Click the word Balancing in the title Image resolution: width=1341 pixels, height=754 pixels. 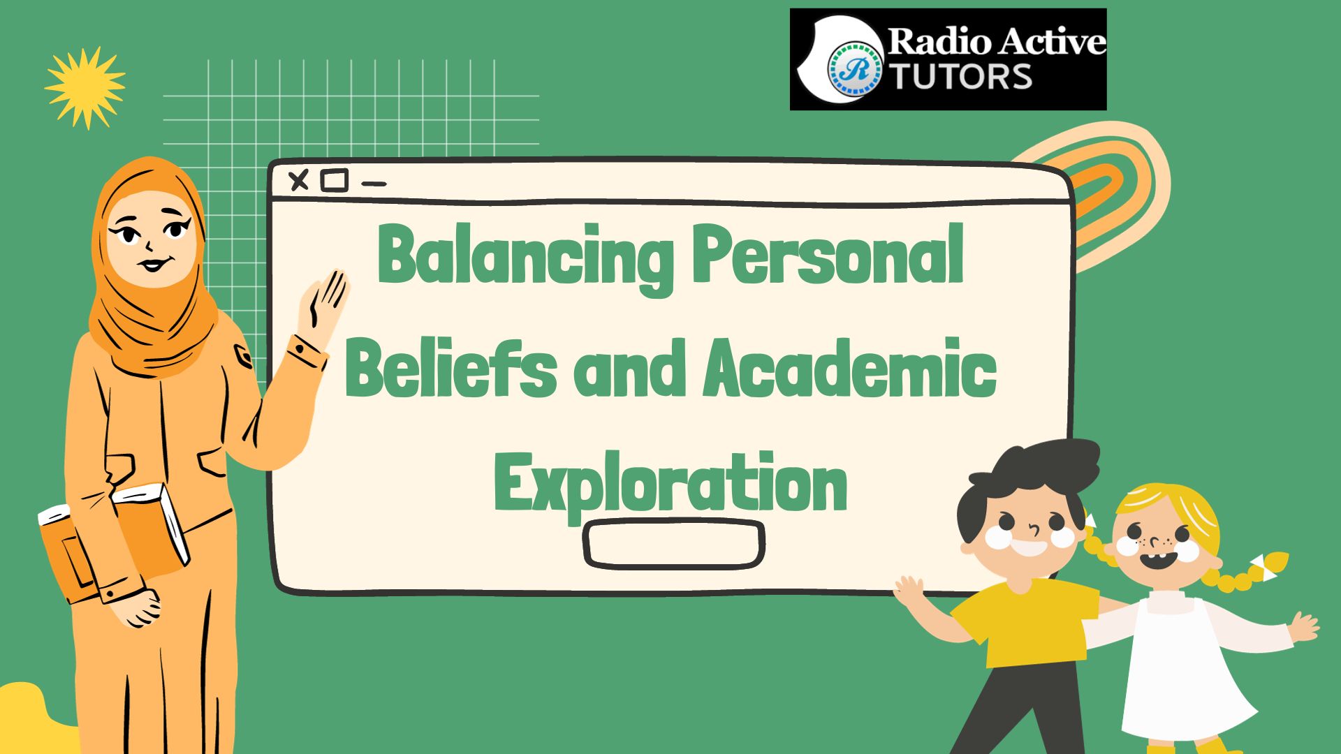[x=525, y=257]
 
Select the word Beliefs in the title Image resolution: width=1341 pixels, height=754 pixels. [x=451, y=368]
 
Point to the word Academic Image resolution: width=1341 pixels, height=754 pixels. [x=849, y=367]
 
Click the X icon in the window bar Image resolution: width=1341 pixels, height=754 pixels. [x=299, y=181]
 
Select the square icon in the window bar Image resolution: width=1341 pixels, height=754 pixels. [x=335, y=181]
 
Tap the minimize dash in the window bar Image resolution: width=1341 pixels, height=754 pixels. [x=374, y=184]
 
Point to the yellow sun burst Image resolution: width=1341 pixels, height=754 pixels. [x=85, y=88]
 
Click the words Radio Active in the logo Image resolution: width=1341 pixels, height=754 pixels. [x=997, y=42]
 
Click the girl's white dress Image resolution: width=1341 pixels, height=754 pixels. [x=1180, y=670]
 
